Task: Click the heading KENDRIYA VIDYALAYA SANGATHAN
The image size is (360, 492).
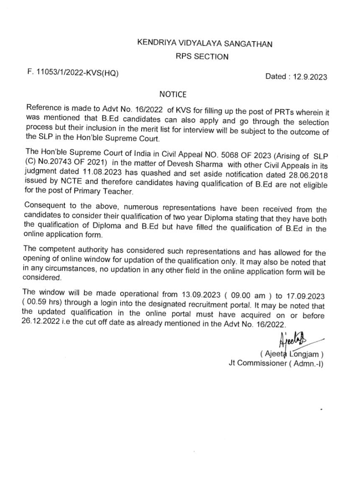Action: (x=204, y=44)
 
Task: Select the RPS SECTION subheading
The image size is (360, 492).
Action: (x=202, y=57)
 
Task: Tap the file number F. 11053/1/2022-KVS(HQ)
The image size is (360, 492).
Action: (x=73, y=73)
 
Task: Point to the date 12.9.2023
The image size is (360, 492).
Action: (x=311, y=77)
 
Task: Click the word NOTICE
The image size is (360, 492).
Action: (x=173, y=95)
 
